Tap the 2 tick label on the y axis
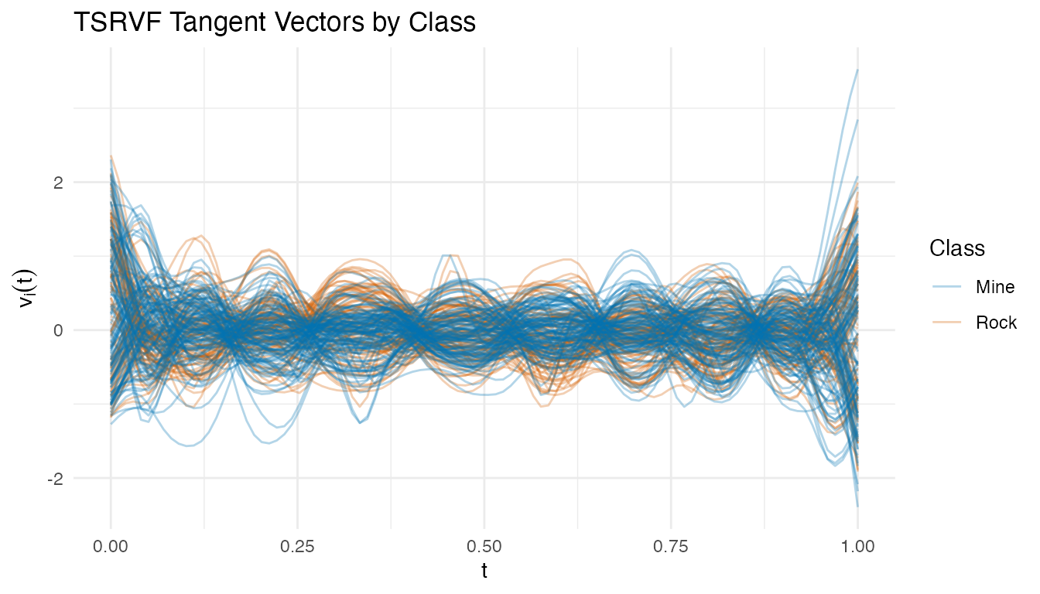(56, 183)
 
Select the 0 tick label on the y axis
(56, 330)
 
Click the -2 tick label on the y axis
(53, 478)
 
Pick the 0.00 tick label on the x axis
(111, 546)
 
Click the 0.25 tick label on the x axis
(298, 546)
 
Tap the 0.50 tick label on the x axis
(484, 546)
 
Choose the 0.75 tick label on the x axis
(671, 546)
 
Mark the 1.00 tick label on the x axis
(857, 546)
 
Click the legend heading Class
(957, 248)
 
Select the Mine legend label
(995, 287)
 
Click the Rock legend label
(997, 323)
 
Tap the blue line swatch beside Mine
(949, 287)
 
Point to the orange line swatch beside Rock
(949, 323)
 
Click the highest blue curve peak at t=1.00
(857, 70)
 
